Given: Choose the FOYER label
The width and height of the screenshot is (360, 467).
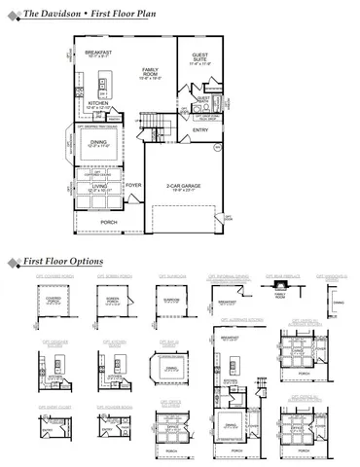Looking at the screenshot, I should coord(133,184).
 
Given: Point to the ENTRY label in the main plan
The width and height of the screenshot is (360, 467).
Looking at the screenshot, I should coord(200,129).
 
